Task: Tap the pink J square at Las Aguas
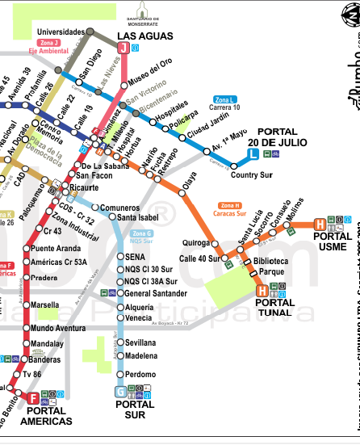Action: [123, 48]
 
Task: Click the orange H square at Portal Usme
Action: [320, 224]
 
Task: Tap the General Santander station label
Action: [157, 293]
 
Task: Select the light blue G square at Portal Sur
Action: [121, 393]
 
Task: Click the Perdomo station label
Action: [140, 374]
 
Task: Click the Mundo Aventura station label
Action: [59, 329]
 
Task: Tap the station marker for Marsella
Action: [26, 305]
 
